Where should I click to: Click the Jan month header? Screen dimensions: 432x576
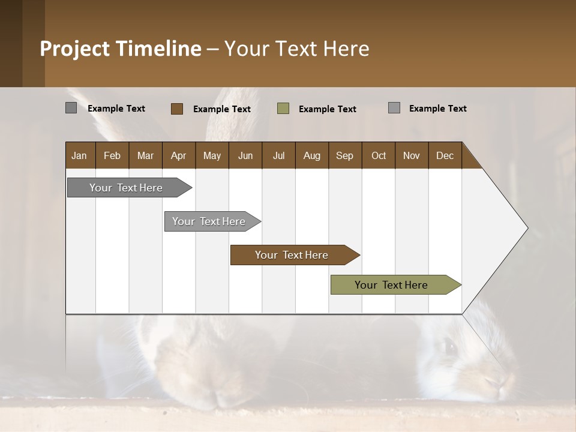coord(79,155)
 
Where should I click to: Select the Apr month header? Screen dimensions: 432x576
coord(178,155)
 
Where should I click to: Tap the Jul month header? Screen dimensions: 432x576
coord(278,155)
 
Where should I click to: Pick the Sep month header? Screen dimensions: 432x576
coord(344,155)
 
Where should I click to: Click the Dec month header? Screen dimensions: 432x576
coord(445,155)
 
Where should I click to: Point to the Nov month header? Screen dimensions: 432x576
coord(411,155)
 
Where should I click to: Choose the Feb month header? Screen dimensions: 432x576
coord(112,155)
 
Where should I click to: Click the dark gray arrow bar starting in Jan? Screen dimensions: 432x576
coord(126,188)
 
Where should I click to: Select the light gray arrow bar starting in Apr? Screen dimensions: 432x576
coord(209,221)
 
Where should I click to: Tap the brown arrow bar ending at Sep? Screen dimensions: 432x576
coord(292,255)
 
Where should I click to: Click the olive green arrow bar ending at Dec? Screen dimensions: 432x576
coord(391,285)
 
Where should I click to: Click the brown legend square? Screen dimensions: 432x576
coord(177,109)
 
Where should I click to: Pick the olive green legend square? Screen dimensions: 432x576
coord(283,109)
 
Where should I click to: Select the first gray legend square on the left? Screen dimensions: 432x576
coord(71,108)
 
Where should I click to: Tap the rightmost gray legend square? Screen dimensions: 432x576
coord(394,108)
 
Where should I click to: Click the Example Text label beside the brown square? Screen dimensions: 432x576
coord(222,109)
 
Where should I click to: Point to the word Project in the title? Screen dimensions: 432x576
coord(75,49)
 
